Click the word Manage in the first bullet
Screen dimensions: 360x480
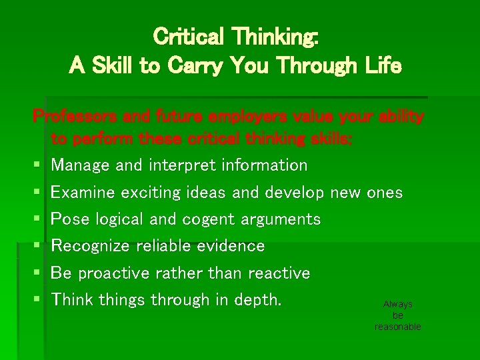(81, 165)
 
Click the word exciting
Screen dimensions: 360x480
(151, 193)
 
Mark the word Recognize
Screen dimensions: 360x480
(91, 246)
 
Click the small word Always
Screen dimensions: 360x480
(398, 304)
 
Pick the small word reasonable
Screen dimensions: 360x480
(398, 327)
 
